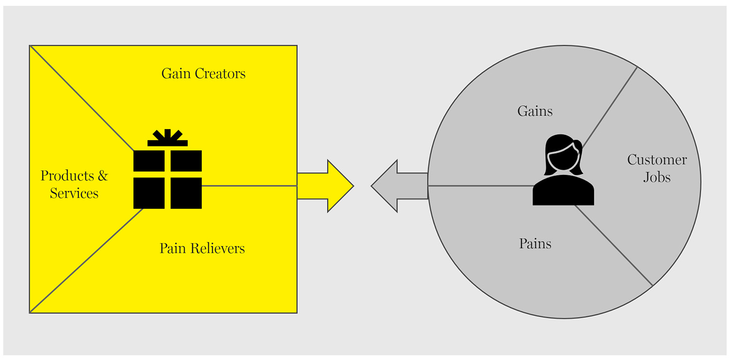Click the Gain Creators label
tap(203, 74)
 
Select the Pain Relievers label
tap(202, 248)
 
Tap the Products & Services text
tap(74, 184)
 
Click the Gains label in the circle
tap(535, 111)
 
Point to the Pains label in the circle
tap(535, 243)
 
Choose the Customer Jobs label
tap(656, 168)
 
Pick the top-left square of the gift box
tap(149, 161)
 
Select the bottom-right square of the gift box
tap(186, 193)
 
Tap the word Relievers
tap(217, 248)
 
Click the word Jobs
tap(656, 177)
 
